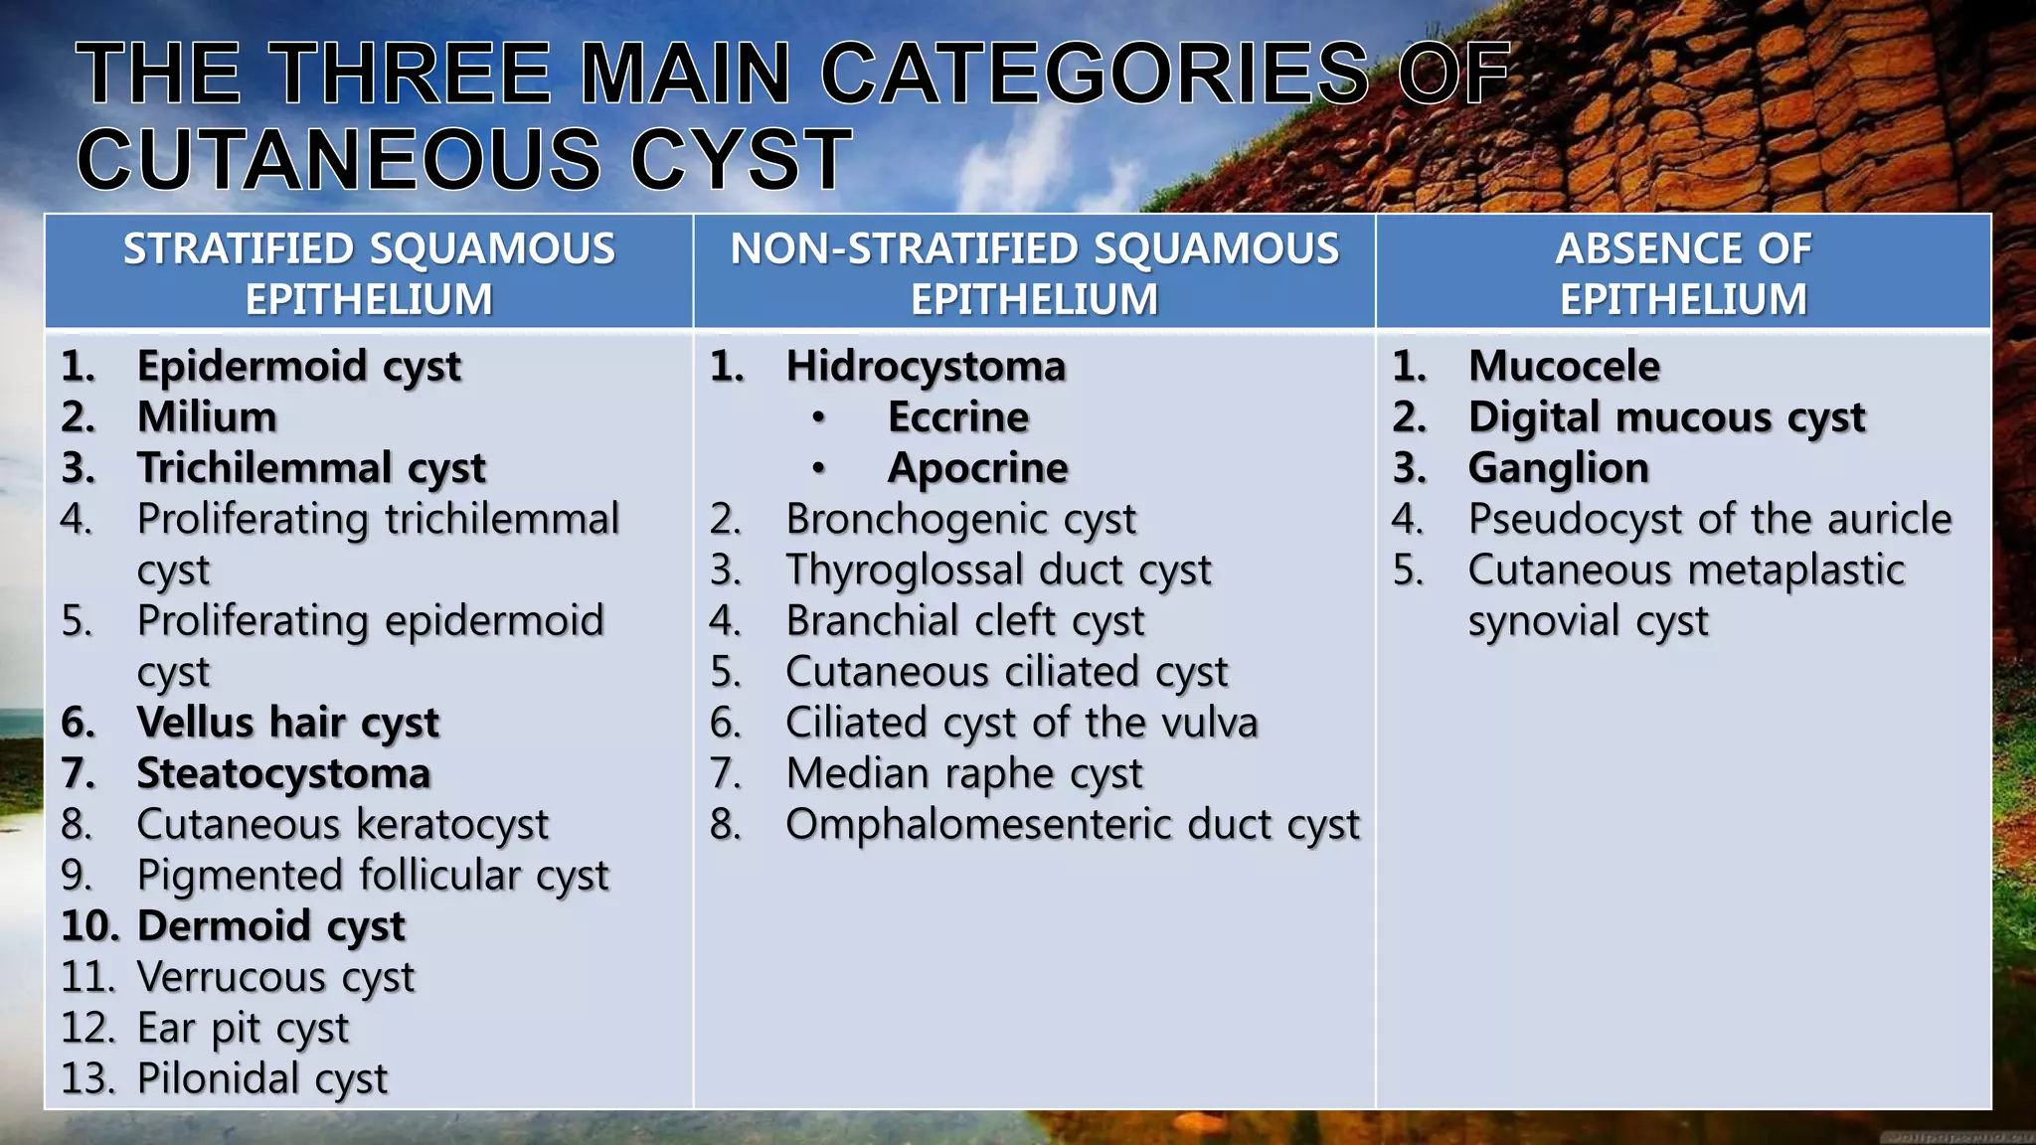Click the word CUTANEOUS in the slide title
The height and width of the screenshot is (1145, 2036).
[x=338, y=159]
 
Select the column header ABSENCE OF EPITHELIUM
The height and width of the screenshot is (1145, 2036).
[x=1682, y=273]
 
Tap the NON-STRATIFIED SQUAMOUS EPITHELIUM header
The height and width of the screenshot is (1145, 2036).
[x=1034, y=273]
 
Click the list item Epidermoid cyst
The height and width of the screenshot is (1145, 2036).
[x=298, y=367]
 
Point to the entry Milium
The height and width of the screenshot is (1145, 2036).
[x=207, y=417]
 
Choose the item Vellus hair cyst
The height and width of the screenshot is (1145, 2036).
[x=287, y=723]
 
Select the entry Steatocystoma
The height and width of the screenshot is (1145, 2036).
[x=283, y=773]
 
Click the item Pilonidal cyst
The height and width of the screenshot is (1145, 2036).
[x=261, y=1078]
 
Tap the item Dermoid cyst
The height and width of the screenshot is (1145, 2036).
[x=270, y=926]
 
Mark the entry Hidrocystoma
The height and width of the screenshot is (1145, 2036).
[x=926, y=367]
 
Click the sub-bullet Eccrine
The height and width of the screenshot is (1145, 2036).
[x=958, y=417]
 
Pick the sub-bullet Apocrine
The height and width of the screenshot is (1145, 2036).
[x=977, y=468]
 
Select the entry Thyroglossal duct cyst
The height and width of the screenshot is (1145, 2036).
[x=998, y=571]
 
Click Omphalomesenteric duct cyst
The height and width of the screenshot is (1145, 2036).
[x=1072, y=825]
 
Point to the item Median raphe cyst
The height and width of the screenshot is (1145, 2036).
[x=963, y=773]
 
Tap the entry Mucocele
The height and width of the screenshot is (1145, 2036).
[x=1564, y=367]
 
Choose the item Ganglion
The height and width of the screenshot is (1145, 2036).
[x=1558, y=468]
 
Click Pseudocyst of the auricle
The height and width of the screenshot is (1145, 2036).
[x=1709, y=519]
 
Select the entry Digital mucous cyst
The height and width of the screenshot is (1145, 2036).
[x=1666, y=417]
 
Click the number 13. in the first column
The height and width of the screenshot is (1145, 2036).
[x=87, y=1078]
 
